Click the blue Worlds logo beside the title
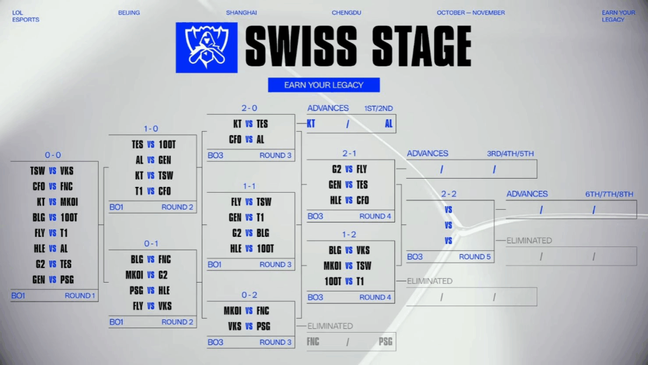pos(206,47)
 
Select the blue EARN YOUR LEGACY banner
pos(323,85)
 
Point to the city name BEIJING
pos(129,13)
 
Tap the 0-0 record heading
pos(53,155)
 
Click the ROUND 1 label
pos(80,295)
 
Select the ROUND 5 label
pos(474,257)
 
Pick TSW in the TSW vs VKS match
pos(37,171)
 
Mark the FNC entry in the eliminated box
pos(313,342)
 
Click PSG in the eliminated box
pos(385,342)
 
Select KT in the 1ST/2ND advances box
pos(311,124)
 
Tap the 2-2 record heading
pos(449,193)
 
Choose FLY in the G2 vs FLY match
pos(361,169)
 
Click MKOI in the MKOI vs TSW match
pos(333,266)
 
